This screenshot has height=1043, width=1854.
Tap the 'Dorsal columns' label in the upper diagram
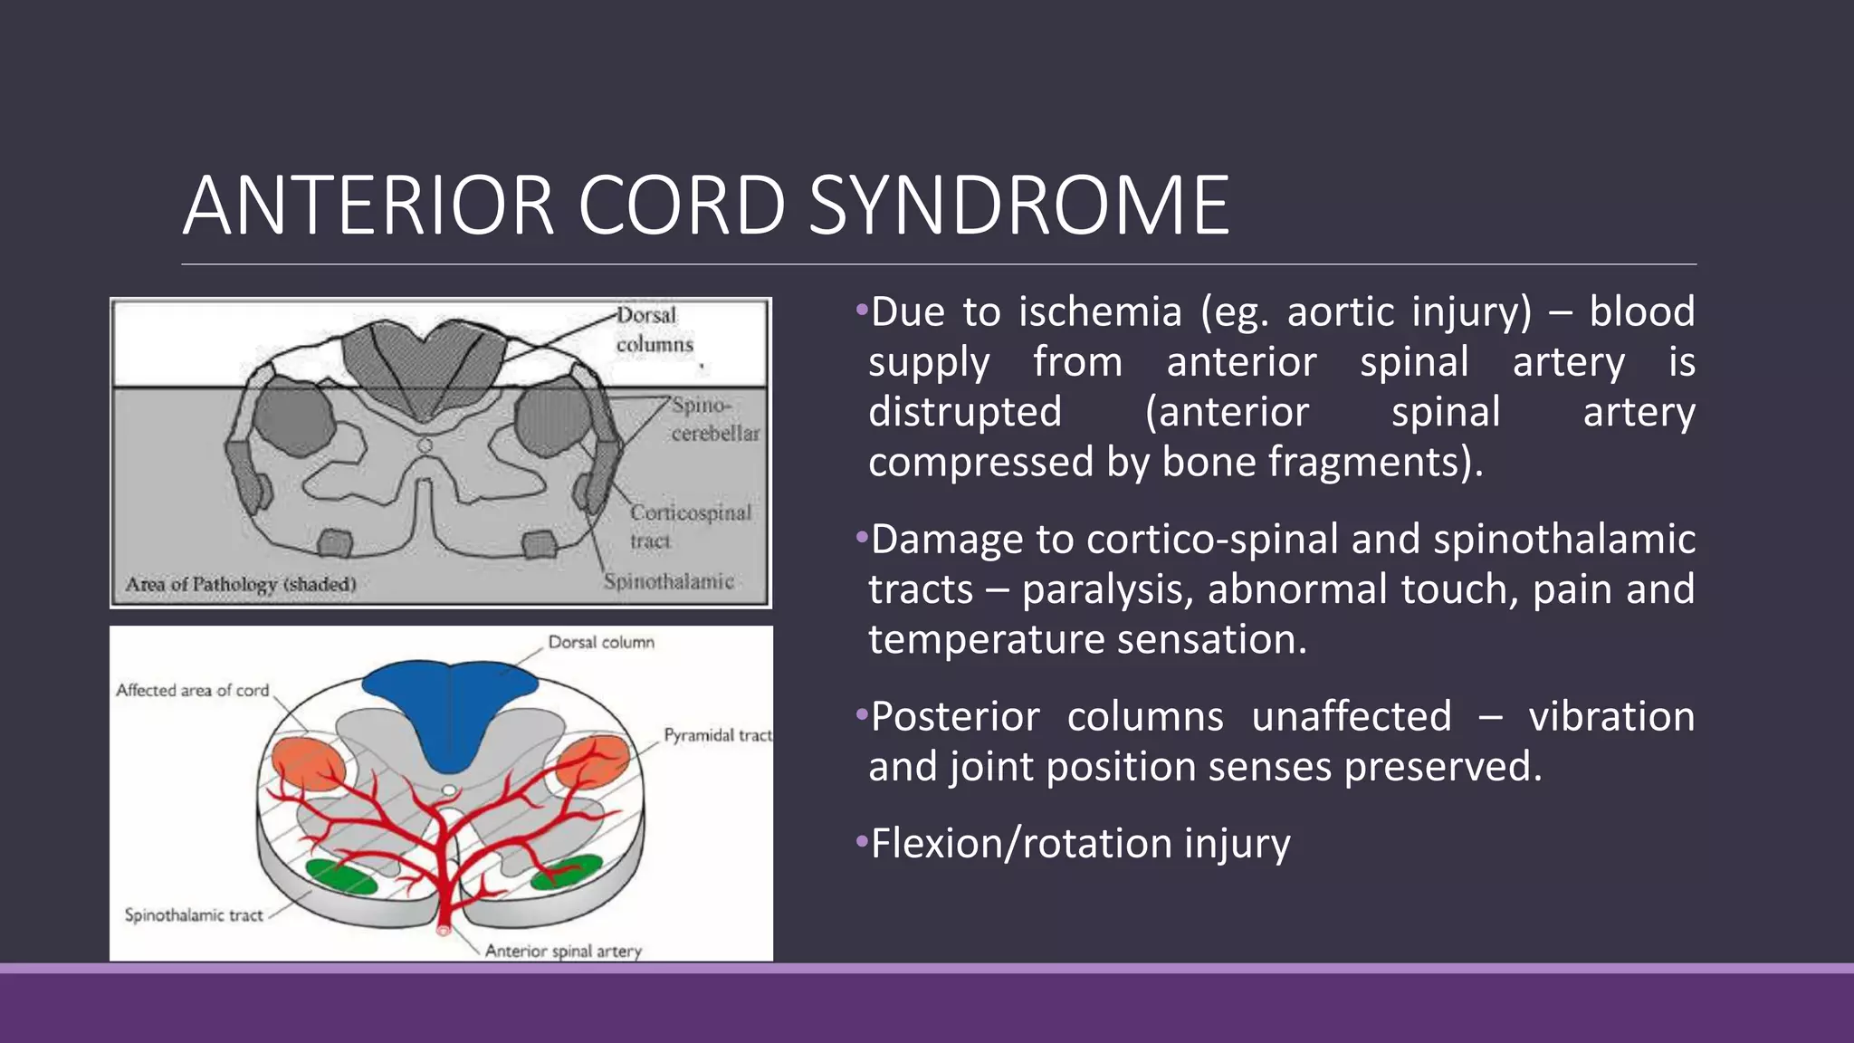(x=654, y=330)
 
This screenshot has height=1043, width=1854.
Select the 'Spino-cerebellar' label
(x=714, y=419)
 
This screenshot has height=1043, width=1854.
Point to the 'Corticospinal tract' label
(x=690, y=526)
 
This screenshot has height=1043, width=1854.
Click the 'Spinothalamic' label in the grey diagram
(x=668, y=581)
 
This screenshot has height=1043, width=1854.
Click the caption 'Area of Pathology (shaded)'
(x=241, y=584)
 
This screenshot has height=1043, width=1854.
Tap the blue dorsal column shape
(x=450, y=706)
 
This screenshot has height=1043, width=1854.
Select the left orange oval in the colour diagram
(x=308, y=763)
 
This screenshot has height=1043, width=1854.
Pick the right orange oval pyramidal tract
(x=594, y=760)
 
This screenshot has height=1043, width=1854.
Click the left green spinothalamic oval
(x=341, y=876)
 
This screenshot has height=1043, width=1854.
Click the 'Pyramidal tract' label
(x=717, y=735)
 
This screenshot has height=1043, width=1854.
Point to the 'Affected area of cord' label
(x=193, y=690)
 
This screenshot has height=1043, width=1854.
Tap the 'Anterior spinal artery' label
(x=563, y=951)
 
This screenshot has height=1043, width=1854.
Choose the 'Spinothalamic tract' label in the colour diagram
(x=194, y=915)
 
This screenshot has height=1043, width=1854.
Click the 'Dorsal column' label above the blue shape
(x=601, y=642)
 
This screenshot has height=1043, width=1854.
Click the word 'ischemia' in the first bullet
(x=1100, y=312)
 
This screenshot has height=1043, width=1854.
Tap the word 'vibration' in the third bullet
(x=1610, y=717)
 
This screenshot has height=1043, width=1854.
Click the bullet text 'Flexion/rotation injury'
(x=1080, y=844)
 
